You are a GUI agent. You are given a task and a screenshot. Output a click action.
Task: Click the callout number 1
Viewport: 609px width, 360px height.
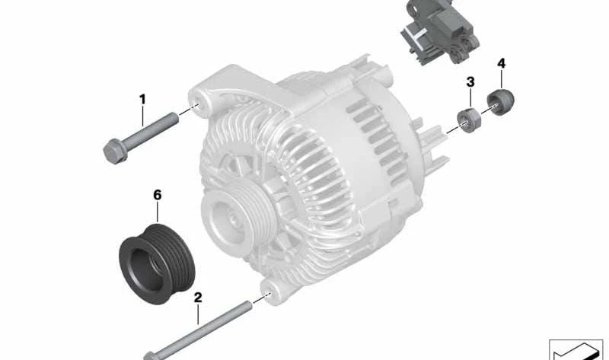coord(142,100)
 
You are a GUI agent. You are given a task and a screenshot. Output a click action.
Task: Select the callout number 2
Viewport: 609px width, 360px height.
coord(198,298)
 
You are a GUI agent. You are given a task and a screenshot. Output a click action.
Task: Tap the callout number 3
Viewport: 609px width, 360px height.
coord(470,82)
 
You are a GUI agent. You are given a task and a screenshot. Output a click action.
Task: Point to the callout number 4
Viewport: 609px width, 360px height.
coord(502,63)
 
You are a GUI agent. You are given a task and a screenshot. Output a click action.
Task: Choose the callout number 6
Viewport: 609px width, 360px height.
coord(158,195)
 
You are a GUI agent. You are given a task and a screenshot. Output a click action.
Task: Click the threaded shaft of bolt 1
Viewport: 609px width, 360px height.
coord(151,129)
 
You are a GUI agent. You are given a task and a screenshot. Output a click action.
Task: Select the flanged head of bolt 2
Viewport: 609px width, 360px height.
coord(151,355)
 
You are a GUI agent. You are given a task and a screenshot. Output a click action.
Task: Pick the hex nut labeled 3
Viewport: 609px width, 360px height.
coord(469,121)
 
